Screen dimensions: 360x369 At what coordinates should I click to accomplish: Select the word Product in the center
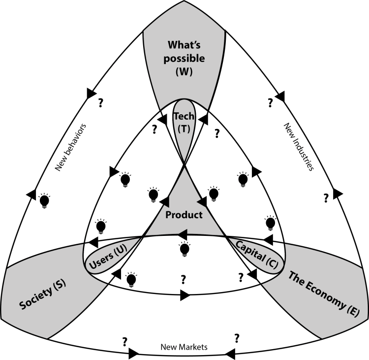pyautogui.click(x=184, y=215)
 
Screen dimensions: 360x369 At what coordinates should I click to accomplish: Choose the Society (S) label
pyautogui.click(x=43, y=296)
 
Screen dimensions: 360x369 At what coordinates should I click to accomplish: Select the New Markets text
pyautogui.click(x=184, y=347)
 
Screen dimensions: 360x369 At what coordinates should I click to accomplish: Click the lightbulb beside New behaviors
pyautogui.click(x=45, y=200)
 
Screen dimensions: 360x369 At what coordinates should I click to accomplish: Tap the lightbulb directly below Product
pyautogui.click(x=184, y=249)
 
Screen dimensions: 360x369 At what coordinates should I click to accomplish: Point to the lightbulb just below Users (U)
pyautogui.click(x=131, y=280)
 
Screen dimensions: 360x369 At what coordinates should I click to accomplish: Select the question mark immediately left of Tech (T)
pyautogui.click(x=154, y=130)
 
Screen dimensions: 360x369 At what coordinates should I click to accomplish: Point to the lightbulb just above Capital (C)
pyautogui.click(x=270, y=223)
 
